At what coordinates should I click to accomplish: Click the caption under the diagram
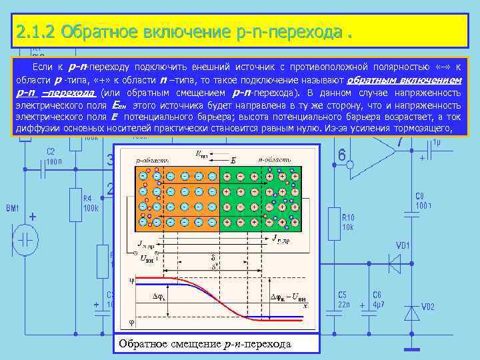click(205, 344)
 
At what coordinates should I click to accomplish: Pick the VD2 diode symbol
click(411, 312)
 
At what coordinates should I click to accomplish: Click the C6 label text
click(377, 294)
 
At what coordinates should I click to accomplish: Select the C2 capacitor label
click(51, 152)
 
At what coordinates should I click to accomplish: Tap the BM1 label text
click(13, 209)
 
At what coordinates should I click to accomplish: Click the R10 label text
click(348, 217)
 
